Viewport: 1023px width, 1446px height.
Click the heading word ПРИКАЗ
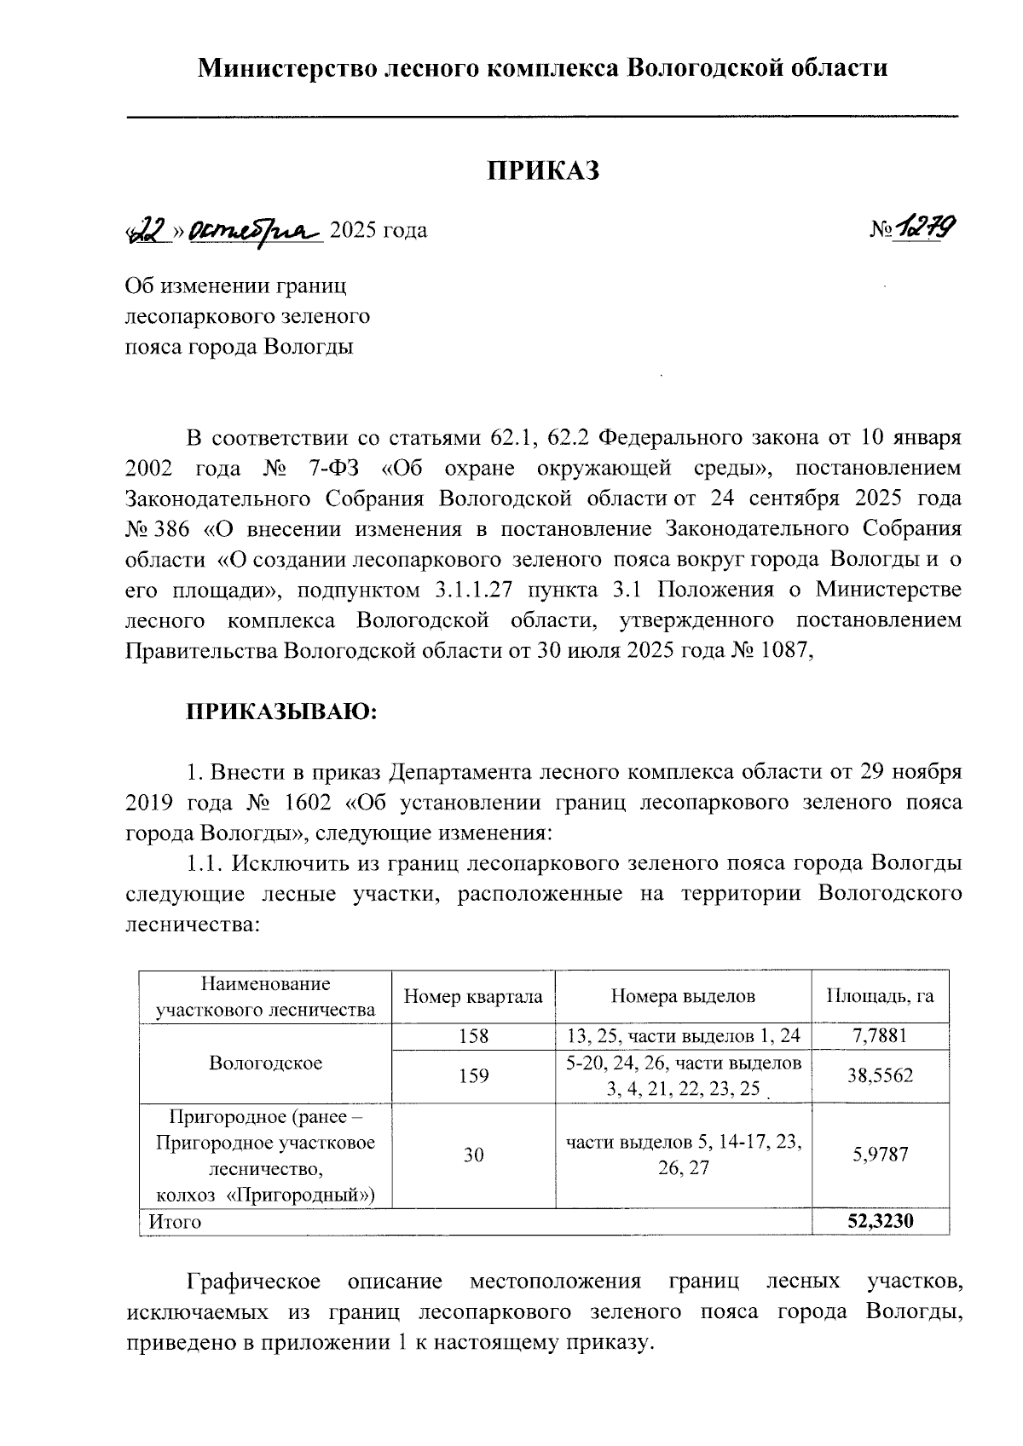(544, 171)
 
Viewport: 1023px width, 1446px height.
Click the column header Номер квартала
(473, 996)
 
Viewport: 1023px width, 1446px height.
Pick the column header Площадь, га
(881, 996)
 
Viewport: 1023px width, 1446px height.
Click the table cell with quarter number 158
(473, 1036)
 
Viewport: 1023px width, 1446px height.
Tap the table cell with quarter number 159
(473, 1075)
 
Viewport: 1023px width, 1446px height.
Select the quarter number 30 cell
(473, 1155)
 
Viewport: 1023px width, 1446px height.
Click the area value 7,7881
(880, 1036)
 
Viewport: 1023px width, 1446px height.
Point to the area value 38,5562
(880, 1075)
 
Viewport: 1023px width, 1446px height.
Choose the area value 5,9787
(880, 1155)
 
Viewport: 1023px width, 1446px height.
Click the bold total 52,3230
(880, 1221)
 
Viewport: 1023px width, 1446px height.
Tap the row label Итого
(175, 1222)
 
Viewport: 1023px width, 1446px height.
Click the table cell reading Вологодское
(265, 1063)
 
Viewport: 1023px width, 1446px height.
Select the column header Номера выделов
(683, 996)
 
